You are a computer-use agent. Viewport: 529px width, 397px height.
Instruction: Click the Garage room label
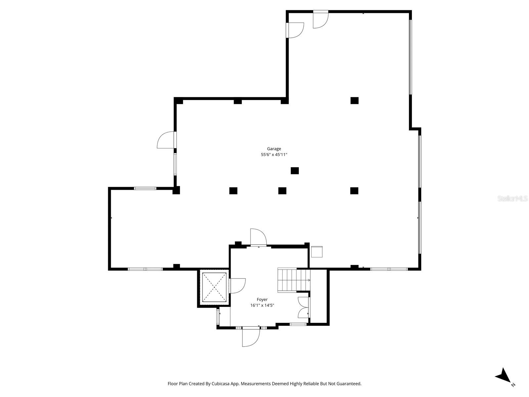[x=274, y=149]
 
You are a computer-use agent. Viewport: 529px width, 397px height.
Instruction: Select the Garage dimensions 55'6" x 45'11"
[x=274, y=155]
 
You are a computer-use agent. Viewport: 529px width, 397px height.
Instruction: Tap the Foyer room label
[x=262, y=300]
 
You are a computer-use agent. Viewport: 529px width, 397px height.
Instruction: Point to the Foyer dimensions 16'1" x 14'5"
[x=262, y=306]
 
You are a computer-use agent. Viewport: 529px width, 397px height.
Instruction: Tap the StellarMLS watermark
[x=513, y=199]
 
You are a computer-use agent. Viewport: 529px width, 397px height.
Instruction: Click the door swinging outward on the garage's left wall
[x=166, y=140]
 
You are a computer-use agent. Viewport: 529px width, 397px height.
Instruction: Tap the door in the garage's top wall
[x=320, y=20]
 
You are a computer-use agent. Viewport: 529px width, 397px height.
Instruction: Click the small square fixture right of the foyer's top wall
[x=317, y=252]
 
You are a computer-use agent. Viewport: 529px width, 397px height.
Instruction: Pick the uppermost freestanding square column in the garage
[x=354, y=100]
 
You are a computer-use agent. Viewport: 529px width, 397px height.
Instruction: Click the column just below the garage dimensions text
[x=295, y=171]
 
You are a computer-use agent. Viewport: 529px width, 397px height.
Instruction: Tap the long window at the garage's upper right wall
[x=410, y=57]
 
